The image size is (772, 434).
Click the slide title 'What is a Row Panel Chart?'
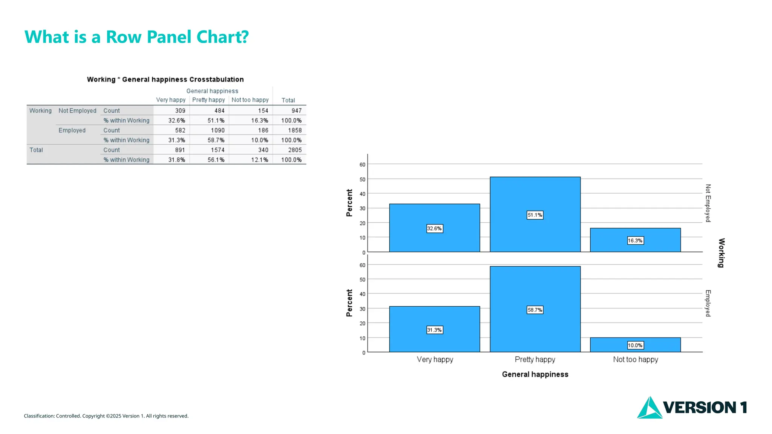(136, 37)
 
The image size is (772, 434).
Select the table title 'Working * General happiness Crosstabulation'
(165, 79)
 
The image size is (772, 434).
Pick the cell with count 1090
(218, 130)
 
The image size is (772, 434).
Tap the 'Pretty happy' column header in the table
(208, 100)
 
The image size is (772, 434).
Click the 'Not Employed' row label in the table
(77, 111)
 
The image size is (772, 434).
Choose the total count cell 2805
(295, 150)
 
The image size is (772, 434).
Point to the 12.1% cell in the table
(260, 160)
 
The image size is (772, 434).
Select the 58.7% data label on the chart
(535, 310)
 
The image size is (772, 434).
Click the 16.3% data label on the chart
(635, 241)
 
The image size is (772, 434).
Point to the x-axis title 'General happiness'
(535, 374)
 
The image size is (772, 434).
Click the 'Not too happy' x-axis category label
(636, 360)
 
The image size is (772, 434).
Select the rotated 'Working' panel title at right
(721, 253)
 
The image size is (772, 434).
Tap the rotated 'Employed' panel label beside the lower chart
(708, 303)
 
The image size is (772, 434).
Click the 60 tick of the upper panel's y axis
(362, 165)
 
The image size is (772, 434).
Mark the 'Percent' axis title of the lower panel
(349, 303)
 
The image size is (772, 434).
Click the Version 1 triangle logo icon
(649, 408)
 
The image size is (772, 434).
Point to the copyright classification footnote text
(106, 416)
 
